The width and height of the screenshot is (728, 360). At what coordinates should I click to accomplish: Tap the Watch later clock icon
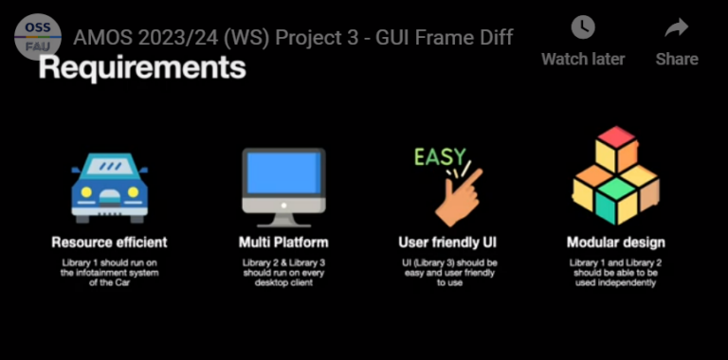[x=583, y=27]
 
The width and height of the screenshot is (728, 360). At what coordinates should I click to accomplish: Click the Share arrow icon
[x=676, y=27]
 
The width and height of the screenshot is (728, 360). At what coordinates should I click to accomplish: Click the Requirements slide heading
[x=142, y=68]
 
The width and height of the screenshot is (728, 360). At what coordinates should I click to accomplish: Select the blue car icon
[x=109, y=187]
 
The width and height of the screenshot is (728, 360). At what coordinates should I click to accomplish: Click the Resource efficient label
[x=109, y=243]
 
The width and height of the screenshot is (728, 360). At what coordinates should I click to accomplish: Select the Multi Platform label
[x=283, y=243]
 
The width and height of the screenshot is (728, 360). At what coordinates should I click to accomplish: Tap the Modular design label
[x=615, y=243]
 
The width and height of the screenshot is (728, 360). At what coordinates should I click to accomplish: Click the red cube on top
[x=615, y=145]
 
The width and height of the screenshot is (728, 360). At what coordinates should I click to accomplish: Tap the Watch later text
[x=583, y=59]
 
